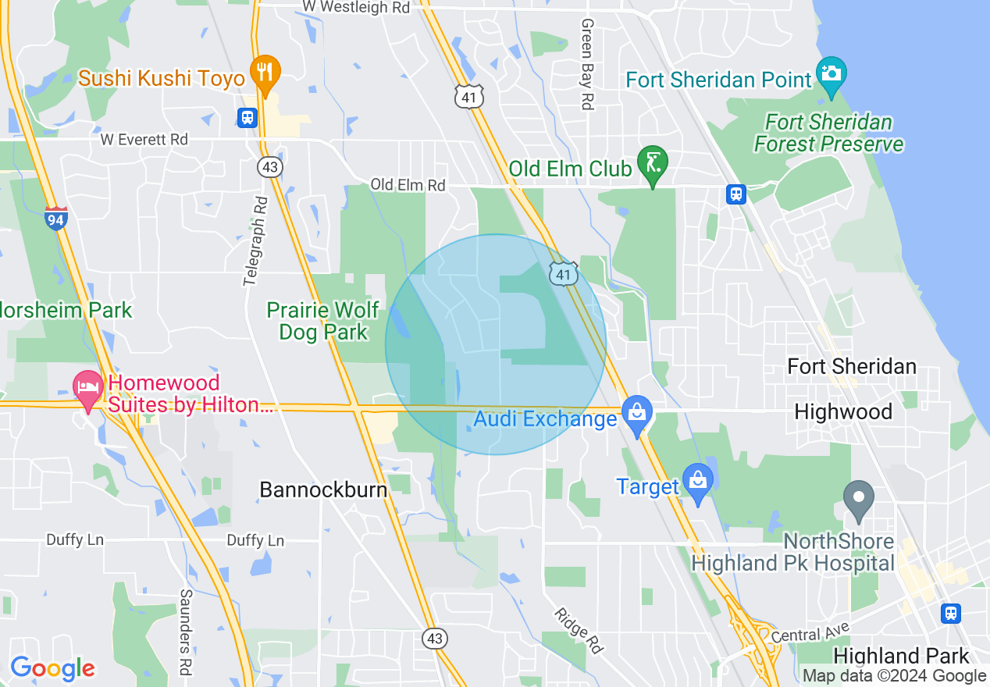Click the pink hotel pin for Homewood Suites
pos(87,388)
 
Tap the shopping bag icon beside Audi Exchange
pos(637,412)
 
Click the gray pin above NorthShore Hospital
pos(860,497)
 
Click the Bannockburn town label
pos(323,490)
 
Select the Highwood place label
pos(843,412)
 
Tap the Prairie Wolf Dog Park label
pos(322,321)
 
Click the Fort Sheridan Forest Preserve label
pos(828,133)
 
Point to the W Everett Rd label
pos(144,140)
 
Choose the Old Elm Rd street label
pos(408,185)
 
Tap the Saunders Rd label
pos(186,631)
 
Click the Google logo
pos(52,668)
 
